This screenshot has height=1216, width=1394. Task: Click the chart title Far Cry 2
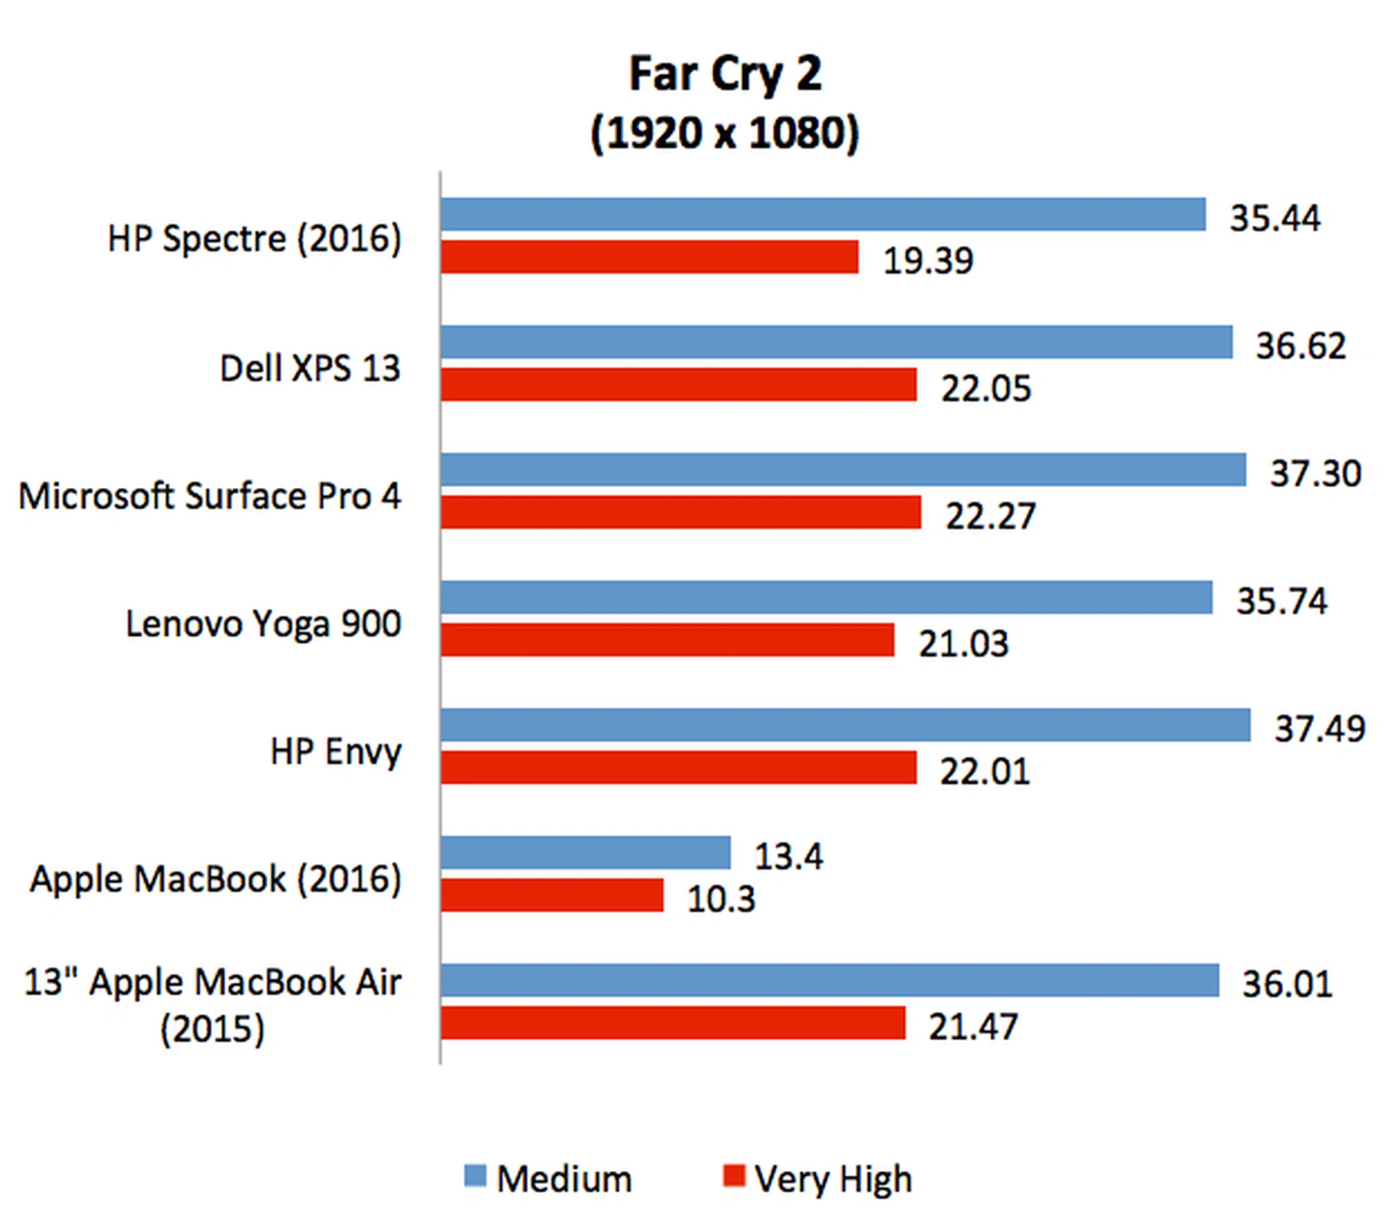point(725,74)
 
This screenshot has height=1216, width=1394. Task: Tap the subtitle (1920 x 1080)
point(725,134)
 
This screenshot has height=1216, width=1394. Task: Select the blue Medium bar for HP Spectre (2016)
point(823,215)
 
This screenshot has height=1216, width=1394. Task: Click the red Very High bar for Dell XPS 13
point(678,385)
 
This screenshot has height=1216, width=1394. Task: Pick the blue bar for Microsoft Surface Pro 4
point(843,470)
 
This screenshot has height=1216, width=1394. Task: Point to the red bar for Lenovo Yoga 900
point(667,640)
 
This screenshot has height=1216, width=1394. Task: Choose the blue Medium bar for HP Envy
point(845,725)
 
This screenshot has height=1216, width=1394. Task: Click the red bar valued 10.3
point(552,895)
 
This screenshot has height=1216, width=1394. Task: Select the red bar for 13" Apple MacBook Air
point(673,1023)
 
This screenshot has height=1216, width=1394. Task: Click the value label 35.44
point(1275,218)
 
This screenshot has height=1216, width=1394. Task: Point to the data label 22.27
point(990,516)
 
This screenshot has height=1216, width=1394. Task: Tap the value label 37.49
point(1320,728)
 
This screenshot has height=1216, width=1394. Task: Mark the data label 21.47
point(973,1027)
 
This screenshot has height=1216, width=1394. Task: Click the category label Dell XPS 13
point(310,368)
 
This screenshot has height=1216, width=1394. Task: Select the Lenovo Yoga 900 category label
point(264,624)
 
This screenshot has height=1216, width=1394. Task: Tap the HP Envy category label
point(335,751)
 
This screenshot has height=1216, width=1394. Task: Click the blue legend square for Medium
point(475,1175)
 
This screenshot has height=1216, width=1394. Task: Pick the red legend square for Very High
point(734,1175)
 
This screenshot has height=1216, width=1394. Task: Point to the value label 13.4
point(788,857)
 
